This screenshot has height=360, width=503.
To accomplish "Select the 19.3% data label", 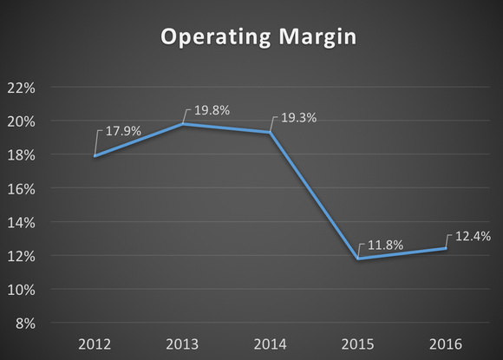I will tap(297, 117).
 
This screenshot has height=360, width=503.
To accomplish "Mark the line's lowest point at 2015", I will tap(358, 259).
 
